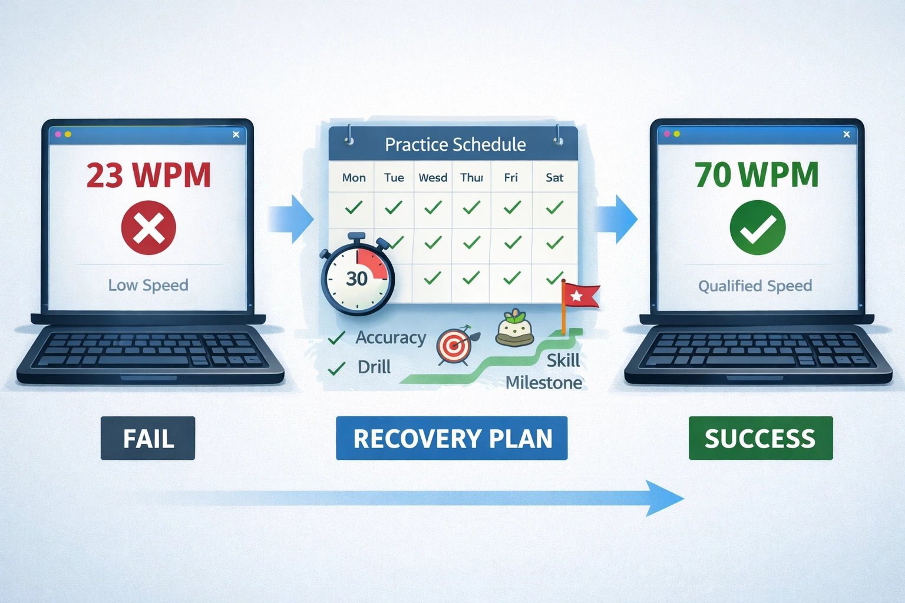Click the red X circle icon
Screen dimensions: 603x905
pyautogui.click(x=148, y=228)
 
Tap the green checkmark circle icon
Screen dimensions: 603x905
pyautogui.click(x=757, y=228)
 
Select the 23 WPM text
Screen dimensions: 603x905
pyautogui.click(x=148, y=175)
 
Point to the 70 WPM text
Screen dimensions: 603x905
pyautogui.click(x=757, y=175)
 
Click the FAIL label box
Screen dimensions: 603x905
pyautogui.click(x=148, y=438)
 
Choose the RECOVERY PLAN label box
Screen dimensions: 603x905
pyautogui.click(x=452, y=438)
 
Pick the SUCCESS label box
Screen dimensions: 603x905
pyautogui.click(x=760, y=438)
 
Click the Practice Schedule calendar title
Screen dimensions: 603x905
pyautogui.click(x=455, y=144)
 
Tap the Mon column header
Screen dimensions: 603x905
pyautogui.click(x=354, y=178)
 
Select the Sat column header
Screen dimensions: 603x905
pyautogui.click(x=554, y=178)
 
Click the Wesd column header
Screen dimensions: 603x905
pyautogui.click(x=433, y=178)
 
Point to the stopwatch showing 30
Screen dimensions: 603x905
pyautogui.click(x=357, y=277)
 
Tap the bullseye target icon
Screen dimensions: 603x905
pyautogui.click(x=454, y=347)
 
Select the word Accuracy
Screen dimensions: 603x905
pyautogui.click(x=391, y=338)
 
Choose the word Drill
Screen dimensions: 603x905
pyautogui.click(x=374, y=367)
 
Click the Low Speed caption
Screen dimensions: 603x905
pyautogui.click(x=148, y=286)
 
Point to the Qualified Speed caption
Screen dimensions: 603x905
pyautogui.click(x=755, y=286)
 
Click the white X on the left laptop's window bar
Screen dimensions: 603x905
pyautogui.click(x=236, y=134)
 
